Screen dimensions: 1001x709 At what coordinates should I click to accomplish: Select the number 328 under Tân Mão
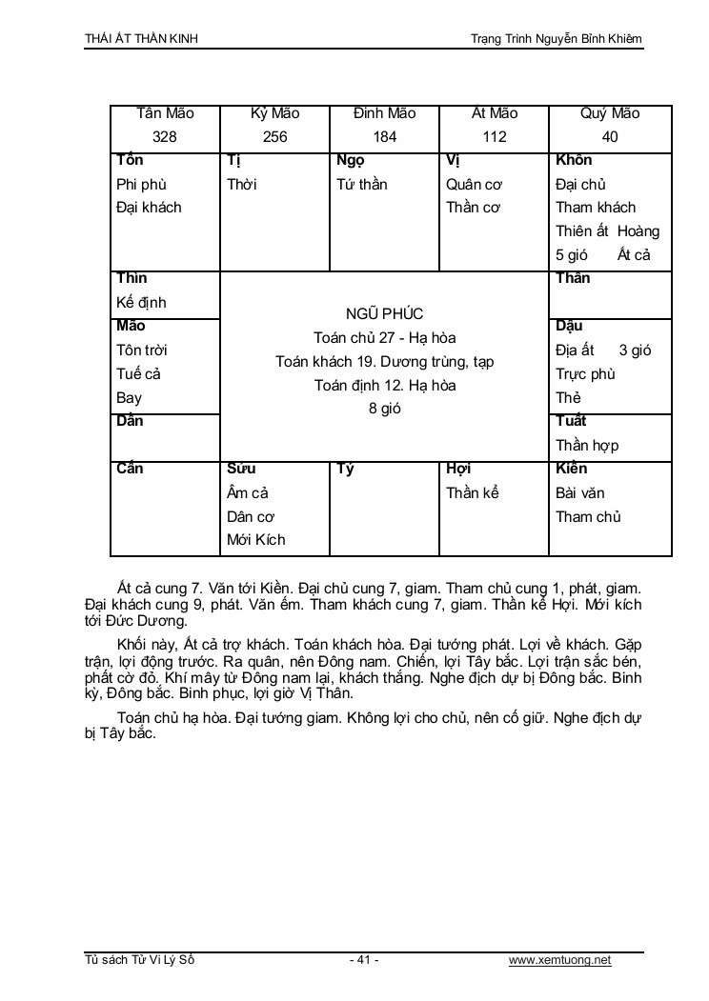165,136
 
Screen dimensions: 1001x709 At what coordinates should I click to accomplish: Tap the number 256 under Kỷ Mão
274,136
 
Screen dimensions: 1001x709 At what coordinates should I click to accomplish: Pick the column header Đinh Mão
384,113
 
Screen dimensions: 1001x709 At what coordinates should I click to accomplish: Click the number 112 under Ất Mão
495,136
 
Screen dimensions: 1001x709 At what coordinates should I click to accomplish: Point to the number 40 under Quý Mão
610,136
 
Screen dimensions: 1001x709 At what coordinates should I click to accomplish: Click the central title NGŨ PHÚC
385,313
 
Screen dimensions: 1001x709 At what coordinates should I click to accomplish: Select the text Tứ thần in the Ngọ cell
362,184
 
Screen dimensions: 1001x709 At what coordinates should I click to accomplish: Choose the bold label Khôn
574,160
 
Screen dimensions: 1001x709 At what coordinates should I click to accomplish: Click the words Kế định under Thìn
141,303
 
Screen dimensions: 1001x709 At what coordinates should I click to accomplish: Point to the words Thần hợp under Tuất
587,445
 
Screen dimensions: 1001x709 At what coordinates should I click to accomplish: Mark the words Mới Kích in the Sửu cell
256,540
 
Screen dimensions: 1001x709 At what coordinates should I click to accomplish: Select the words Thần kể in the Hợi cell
473,492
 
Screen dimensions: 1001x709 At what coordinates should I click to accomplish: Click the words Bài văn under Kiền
580,492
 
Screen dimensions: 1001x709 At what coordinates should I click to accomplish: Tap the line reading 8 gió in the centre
385,409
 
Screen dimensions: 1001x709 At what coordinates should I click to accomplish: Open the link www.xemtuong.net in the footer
559,960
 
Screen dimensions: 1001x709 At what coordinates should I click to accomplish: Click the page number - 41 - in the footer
364,960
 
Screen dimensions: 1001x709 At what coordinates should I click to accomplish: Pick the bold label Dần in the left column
130,421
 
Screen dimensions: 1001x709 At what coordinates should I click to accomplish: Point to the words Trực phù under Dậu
585,374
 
